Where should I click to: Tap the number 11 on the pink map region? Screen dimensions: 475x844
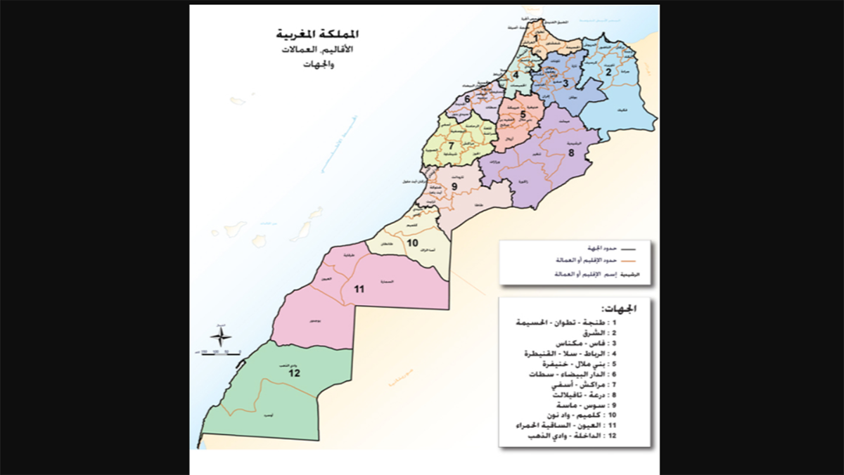[359, 289]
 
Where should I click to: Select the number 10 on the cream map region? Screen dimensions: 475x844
[414, 243]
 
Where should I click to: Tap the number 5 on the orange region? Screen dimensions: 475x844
[523, 114]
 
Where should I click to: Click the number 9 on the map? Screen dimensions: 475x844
[454, 186]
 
